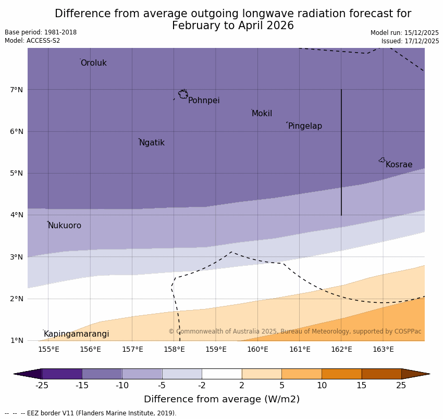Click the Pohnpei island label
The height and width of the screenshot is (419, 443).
point(204,101)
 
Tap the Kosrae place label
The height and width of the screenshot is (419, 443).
point(399,165)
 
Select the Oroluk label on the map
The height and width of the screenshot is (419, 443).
point(93,63)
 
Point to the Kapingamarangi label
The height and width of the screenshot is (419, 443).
point(76,334)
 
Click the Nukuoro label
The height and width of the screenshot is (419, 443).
point(65,226)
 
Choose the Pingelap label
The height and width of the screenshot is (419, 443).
point(305,126)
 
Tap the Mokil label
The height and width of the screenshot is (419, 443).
point(262,114)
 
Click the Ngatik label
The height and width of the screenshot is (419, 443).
point(152,143)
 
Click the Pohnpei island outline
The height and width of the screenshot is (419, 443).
point(183,94)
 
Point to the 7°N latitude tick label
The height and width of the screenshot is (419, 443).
point(17,90)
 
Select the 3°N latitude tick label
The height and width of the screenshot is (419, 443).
point(17,257)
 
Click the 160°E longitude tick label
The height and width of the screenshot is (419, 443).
point(257,349)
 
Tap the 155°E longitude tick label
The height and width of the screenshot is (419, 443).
point(48,349)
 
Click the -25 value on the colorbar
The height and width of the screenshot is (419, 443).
point(42,386)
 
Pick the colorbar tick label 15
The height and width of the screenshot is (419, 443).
point(362,386)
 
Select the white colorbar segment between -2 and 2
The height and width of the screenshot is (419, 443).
point(221,374)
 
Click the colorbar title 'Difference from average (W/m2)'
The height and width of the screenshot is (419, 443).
point(221,400)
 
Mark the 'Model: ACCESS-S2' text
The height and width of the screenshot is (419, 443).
point(32,41)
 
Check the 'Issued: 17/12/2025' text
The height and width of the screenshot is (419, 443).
point(410,41)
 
